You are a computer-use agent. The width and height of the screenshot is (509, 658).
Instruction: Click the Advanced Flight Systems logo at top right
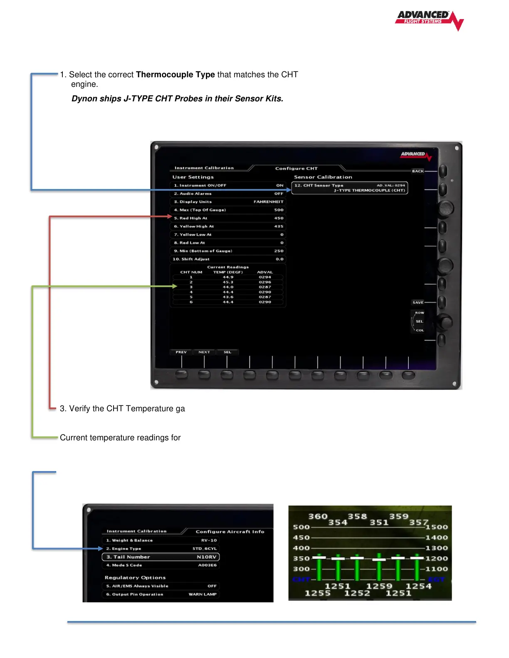point(429,20)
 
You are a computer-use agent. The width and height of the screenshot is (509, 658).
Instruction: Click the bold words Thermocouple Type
point(175,75)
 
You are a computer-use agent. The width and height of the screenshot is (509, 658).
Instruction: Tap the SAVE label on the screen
point(418,302)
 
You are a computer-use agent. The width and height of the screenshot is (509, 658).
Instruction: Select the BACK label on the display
point(418,171)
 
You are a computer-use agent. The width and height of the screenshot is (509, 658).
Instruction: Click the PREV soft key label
point(181,352)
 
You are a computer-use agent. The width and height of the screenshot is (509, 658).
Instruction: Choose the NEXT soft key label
point(204,352)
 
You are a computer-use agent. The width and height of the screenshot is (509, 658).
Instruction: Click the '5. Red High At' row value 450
point(279,218)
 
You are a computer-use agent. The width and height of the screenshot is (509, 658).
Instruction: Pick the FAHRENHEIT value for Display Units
point(268,202)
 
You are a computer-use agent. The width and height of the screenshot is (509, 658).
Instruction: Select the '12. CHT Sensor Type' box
point(349,188)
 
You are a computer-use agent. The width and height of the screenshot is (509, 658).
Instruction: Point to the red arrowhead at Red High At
point(170,216)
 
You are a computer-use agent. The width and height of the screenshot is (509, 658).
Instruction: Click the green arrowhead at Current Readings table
point(175,286)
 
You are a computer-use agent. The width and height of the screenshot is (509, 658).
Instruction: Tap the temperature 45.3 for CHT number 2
point(228,282)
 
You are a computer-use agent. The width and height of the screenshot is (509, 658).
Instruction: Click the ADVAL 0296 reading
point(265,282)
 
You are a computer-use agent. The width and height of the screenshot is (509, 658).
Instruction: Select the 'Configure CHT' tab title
point(296,169)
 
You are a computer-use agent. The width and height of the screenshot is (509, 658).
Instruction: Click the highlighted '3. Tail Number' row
point(161,557)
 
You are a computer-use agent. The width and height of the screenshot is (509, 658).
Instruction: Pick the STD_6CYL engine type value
point(205,549)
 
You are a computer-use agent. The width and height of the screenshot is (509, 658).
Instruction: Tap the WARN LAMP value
point(203,594)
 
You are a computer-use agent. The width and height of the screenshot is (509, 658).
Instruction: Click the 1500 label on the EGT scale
point(436,527)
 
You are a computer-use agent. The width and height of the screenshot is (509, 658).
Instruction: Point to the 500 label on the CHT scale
point(301,527)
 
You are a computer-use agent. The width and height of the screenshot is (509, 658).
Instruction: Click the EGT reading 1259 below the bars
point(379,586)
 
